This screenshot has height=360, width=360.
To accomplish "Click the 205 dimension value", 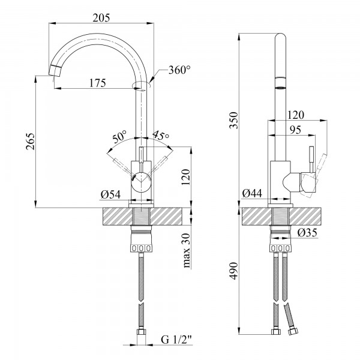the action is pyautogui.click(x=101, y=17).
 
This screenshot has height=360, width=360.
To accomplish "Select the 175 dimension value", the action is pyautogui.click(x=98, y=83).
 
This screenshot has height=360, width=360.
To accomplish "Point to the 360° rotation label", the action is pyautogui.click(x=179, y=70).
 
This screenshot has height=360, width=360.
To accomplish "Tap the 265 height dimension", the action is pyautogui.click(x=31, y=141).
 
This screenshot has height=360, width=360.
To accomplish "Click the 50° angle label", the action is pyautogui.click(x=119, y=137).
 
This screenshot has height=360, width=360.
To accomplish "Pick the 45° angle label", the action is pyautogui.click(x=160, y=135).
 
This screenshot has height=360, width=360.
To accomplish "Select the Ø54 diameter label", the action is pyautogui.click(x=110, y=194).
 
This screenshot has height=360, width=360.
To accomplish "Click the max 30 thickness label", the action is pyautogui.click(x=187, y=250).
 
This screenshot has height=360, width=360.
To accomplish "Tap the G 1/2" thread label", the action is pyautogui.click(x=176, y=340).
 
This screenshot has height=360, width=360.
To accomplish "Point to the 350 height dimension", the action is pyautogui.click(x=234, y=121).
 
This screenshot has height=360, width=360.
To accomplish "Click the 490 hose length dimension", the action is pyautogui.click(x=234, y=271).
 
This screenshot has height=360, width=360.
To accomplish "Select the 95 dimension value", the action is pyautogui.click(x=295, y=130).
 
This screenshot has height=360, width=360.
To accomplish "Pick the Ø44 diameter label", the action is pyautogui.click(x=252, y=193).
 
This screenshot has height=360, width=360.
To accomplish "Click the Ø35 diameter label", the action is pyautogui.click(x=307, y=232).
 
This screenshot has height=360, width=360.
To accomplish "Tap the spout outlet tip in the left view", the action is pyautogui.click(x=55, y=70).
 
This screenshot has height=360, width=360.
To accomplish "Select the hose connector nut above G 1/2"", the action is pyautogui.click(x=141, y=332).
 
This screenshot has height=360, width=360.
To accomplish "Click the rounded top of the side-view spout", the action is pyautogui.click(x=280, y=37).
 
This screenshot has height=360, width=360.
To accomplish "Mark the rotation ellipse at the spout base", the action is pyautogui.click(x=141, y=85).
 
